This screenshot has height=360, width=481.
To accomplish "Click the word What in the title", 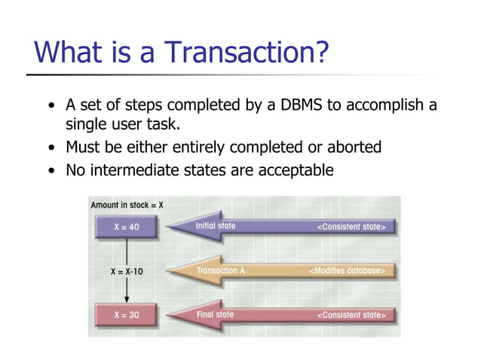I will coord(70,52).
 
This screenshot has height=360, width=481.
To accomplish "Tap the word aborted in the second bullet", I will coord(352,147).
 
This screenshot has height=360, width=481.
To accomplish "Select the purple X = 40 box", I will coord(126,227).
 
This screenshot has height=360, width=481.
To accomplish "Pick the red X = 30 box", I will coord(126,315).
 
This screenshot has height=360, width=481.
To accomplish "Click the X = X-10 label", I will coord(126,270).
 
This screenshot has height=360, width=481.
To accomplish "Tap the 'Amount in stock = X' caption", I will coord(127,205).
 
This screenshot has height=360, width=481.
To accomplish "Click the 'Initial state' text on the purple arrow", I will coord(216,226).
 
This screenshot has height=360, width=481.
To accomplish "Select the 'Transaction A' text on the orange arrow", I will coord(221,270).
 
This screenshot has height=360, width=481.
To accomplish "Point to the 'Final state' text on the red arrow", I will coord(215,315).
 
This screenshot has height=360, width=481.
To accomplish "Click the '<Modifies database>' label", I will coord(348,270).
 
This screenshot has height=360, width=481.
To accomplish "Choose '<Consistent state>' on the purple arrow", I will coord(352,227).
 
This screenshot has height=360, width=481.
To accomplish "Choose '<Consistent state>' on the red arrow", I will coord(352,315).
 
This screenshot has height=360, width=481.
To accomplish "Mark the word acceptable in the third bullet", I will coord(296,170).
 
